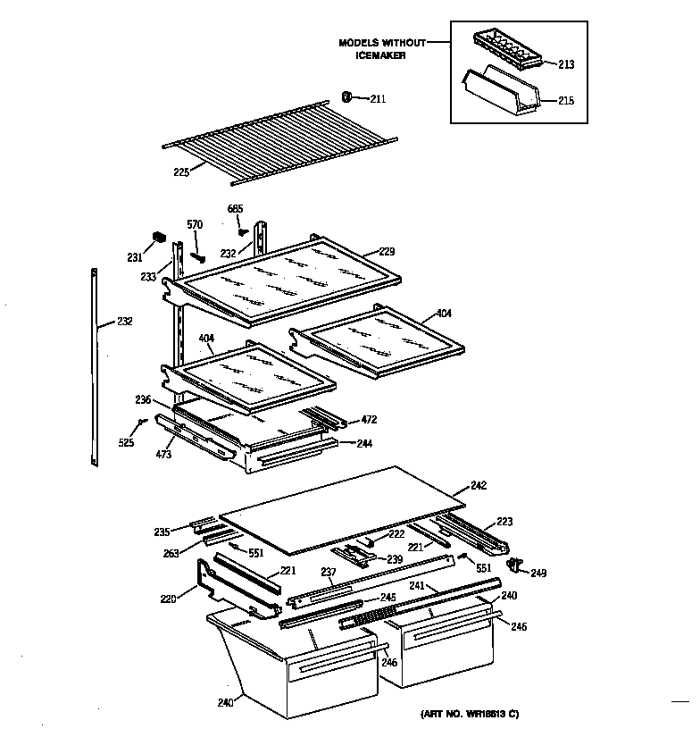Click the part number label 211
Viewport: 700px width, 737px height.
378,98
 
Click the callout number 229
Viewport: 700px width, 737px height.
386,251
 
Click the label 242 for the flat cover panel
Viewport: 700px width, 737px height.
479,487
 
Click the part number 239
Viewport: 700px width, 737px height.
393,559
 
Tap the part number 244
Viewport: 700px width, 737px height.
364,442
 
